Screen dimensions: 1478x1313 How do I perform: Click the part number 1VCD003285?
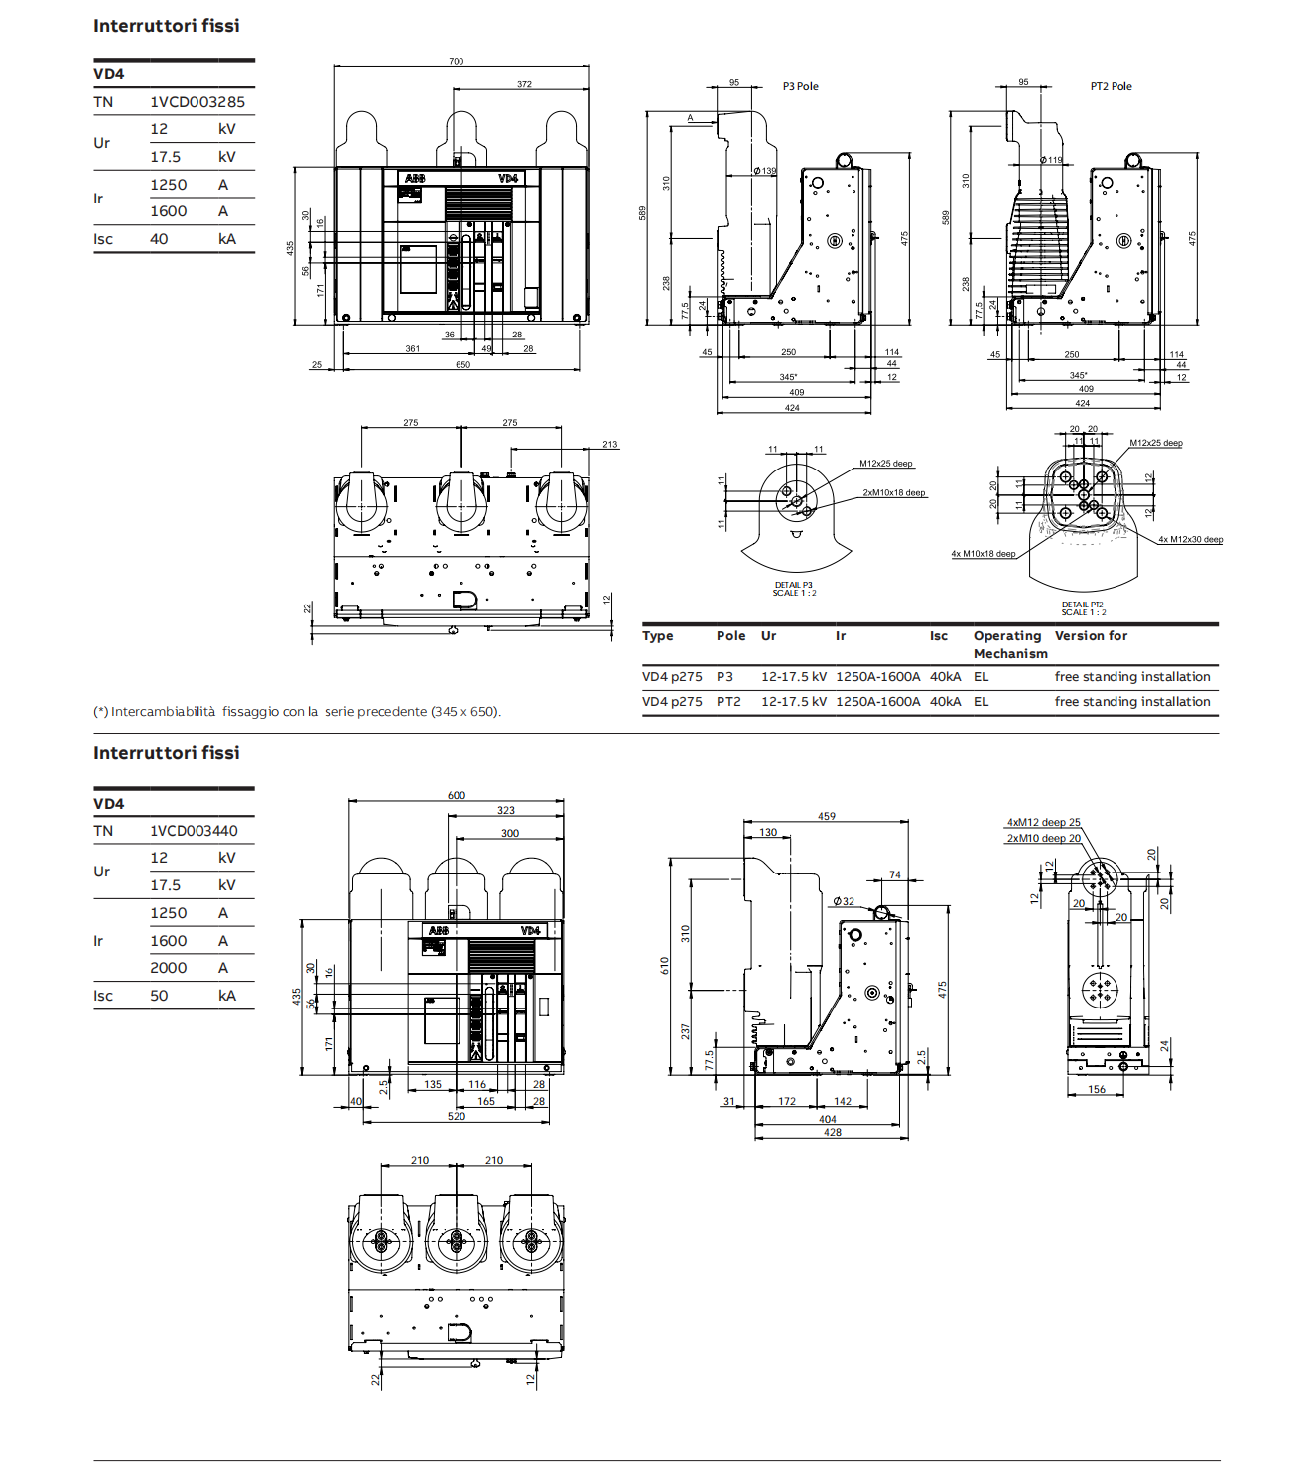coord(197,102)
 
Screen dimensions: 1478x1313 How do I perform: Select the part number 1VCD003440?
coord(194,831)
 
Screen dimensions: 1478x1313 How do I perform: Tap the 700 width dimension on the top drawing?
coord(456,62)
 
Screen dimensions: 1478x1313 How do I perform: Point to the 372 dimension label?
coord(524,84)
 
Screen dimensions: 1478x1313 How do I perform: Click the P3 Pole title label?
coord(800,87)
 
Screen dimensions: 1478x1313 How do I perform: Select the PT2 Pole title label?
coord(1111,87)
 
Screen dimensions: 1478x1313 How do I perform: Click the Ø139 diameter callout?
coord(764,171)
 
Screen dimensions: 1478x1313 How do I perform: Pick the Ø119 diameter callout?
coord(1051,160)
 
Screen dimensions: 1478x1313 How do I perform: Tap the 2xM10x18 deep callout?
coord(893,493)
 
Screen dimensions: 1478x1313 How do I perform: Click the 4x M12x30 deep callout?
coord(1190,540)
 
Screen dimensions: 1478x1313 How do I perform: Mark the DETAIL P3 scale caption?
coord(794,589)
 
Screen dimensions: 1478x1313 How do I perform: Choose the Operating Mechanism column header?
coord(1009,644)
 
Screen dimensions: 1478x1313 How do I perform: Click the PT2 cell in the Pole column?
coord(728,702)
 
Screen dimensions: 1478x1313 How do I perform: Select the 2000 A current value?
coord(169,968)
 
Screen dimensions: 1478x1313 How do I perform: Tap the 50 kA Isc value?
coord(159,996)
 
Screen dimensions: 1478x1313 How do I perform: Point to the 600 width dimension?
coord(456,796)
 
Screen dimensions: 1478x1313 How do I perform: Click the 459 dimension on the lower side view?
coord(827,817)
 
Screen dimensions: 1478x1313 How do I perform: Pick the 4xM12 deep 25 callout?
coord(1043,823)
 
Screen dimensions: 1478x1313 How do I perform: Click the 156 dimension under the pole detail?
coord(1096,1090)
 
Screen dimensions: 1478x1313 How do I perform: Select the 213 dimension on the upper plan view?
coord(609,445)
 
